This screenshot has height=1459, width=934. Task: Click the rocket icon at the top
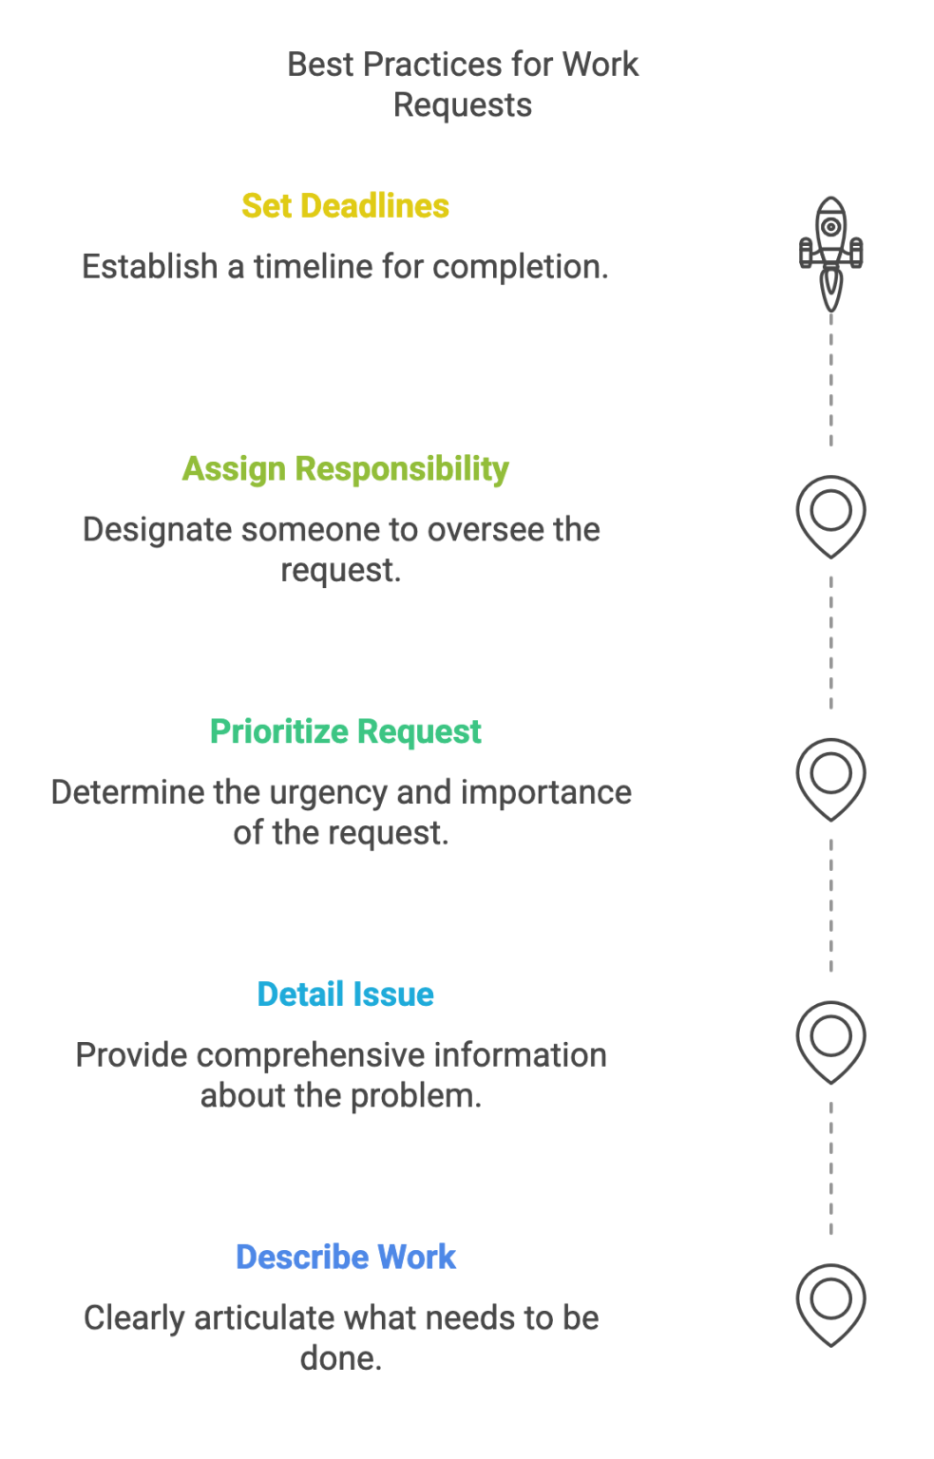click(x=831, y=249)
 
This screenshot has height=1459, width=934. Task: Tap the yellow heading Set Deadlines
click(x=345, y=206)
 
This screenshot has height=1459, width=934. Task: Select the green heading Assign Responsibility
click(x=345, y=469)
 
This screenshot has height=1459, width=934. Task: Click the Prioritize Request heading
click(x=345, y=732)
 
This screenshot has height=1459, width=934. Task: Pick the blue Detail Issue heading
click(x=345, y=995)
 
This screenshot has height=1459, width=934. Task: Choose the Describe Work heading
click(x=345, y=1258)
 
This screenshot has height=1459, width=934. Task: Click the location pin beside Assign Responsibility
click(x=831, y=514)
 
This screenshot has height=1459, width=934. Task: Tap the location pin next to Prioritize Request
click(x=831, y=777)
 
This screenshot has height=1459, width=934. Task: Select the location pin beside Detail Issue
click(x=831, y=1040)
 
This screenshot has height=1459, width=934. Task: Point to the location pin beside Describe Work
click(x=831, y=1302)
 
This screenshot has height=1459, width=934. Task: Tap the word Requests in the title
click(x=463, y=105)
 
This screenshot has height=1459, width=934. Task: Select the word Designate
click(x=157, y=530)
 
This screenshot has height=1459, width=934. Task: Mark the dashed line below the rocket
click(x=831, y=380)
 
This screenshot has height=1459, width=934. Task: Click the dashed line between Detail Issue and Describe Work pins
click(x=831, y=1168)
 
